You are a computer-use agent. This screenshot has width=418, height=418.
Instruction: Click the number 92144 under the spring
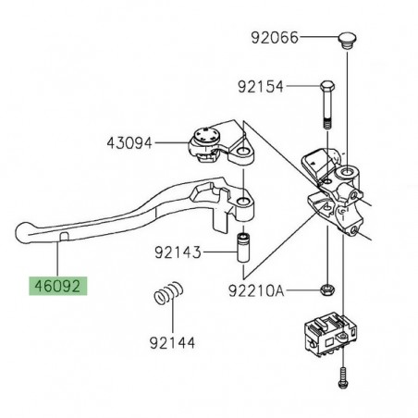pos(171,340)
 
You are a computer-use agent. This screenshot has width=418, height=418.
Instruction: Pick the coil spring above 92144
pos(164,304)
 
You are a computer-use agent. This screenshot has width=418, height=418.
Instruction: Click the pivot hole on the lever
pos(241,202)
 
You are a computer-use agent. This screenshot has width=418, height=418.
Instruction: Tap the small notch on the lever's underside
pos(61,239)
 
